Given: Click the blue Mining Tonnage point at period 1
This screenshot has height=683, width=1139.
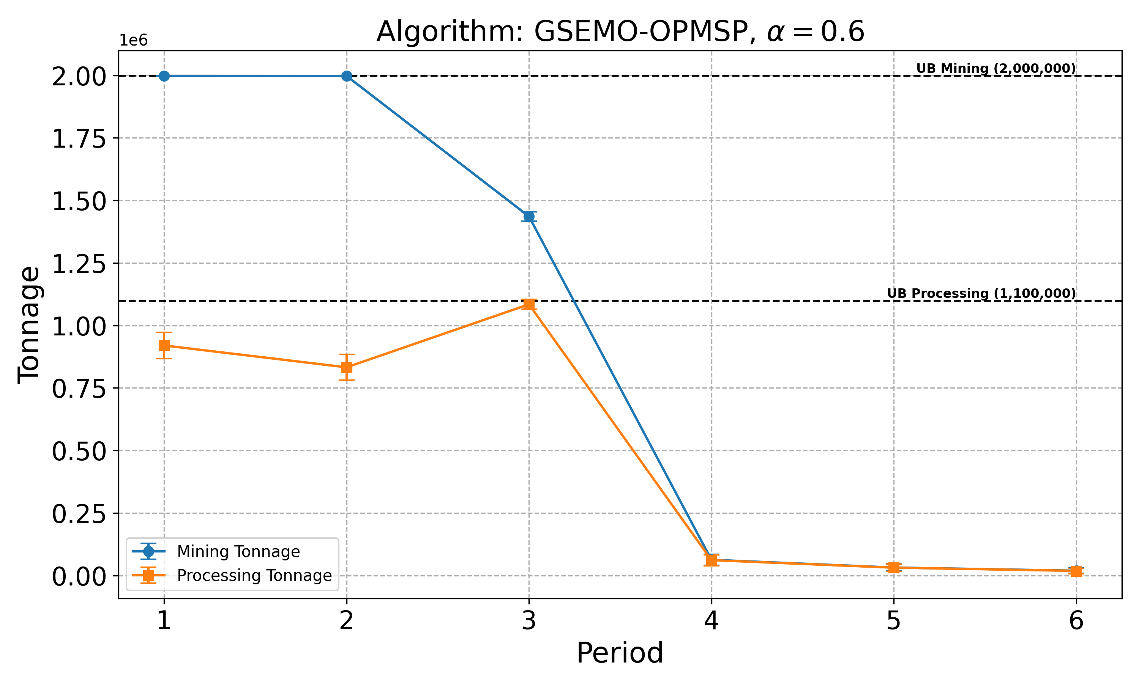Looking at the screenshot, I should coord(164,76).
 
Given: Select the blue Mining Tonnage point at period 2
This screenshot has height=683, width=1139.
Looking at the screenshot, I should coord(347,76).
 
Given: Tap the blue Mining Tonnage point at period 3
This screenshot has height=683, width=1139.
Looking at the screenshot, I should coord(529,216).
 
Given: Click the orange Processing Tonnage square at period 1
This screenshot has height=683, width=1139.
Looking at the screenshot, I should coord(164,345).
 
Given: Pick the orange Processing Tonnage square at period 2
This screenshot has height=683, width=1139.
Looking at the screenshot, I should coord(347,367).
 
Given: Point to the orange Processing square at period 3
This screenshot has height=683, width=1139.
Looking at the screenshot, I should coord(529,304).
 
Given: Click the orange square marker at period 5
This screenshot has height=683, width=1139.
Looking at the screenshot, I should coord(894,568).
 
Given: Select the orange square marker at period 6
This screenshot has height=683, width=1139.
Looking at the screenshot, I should coord(1076,571).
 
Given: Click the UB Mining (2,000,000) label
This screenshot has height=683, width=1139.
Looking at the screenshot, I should coord(996,68).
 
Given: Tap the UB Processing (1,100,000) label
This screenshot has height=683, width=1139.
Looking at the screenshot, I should coord(981,293).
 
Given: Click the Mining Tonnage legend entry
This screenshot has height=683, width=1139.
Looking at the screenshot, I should coord(238,551).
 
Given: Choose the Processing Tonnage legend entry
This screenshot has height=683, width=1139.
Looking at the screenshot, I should coord(254,575).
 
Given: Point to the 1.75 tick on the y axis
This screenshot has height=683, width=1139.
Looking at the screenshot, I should coord(79,138).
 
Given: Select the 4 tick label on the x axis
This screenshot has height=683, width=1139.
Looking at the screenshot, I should coord(711,621).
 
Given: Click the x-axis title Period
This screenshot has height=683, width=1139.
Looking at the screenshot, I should coord(620,653).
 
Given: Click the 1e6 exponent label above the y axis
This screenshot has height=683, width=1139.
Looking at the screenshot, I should coord(134,41).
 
